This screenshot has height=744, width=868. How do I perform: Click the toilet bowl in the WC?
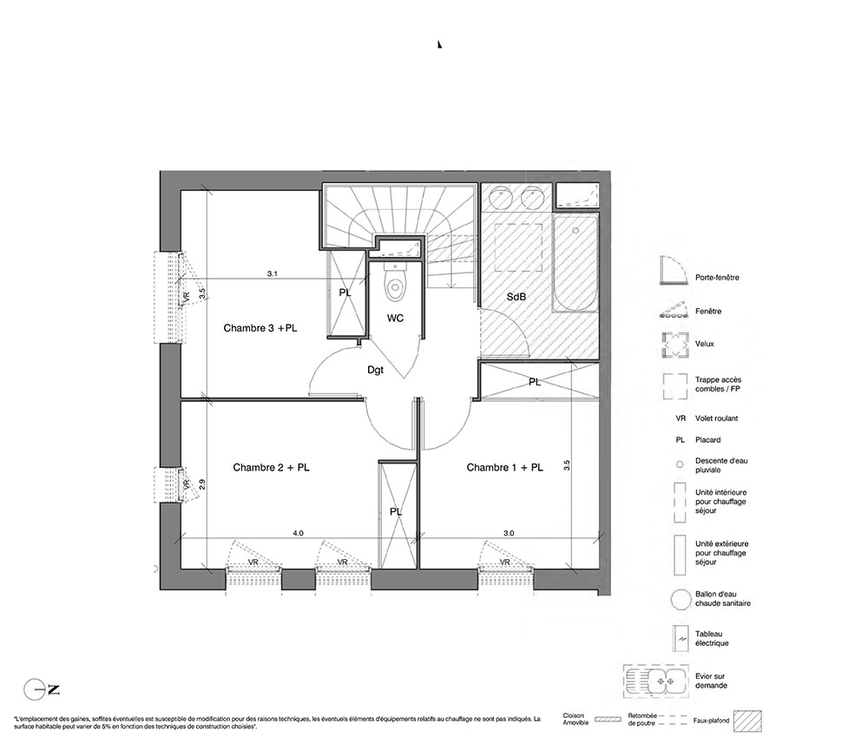[395, 282]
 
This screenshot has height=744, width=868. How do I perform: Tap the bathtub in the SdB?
[575, 263]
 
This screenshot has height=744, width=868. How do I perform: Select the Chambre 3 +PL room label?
[260, 328]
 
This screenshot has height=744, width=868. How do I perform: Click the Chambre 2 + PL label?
[271, 468]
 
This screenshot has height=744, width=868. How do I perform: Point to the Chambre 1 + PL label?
[505, 468]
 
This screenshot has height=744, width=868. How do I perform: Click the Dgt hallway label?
[375, 370]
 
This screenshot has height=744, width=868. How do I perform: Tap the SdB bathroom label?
[516, 297]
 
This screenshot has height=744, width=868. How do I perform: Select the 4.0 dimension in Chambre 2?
[298, 534]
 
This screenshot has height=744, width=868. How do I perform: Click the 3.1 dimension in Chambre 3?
[272, 274]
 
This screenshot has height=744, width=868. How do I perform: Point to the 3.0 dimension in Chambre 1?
[509, 534]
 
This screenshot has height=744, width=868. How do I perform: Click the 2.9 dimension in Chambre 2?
[202, 484]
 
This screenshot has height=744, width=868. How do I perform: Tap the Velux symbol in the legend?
[675, 345]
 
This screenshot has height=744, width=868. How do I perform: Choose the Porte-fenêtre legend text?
[717, 277]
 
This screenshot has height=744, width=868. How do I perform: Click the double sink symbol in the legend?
[656, 681]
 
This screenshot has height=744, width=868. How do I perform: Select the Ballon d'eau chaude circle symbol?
[680, 600]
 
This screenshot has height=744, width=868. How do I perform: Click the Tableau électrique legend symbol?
[680, 639]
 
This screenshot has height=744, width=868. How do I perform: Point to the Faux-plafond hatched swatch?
[747, 721]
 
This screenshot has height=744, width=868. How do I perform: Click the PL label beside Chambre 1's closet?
[534, 382]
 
